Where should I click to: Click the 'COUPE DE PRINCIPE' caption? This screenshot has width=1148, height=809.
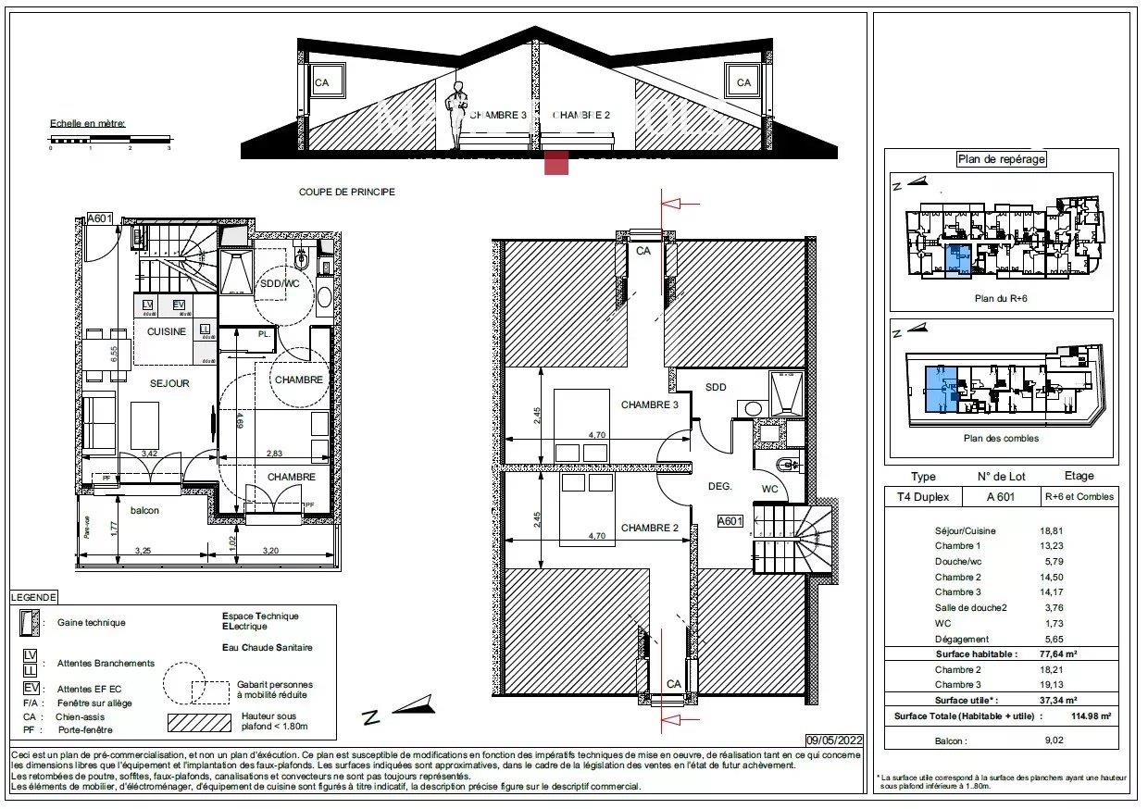coord(346,193)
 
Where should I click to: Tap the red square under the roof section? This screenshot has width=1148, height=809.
coord(556,163)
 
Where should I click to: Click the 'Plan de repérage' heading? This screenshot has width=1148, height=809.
coord(1001,159)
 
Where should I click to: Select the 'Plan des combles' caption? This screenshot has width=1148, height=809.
coord(1001,438)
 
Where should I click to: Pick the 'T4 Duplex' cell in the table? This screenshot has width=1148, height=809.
coord(923,497)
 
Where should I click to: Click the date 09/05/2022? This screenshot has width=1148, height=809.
coord(835,740)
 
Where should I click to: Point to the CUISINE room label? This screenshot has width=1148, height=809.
coord(167,331)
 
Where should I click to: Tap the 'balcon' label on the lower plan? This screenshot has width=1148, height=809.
coord(143,510)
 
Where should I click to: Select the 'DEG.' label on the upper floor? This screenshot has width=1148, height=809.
coord(720,485)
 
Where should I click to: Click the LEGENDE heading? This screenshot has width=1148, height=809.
coord(34,598)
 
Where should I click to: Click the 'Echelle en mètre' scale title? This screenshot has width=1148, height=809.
coord(88,123)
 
